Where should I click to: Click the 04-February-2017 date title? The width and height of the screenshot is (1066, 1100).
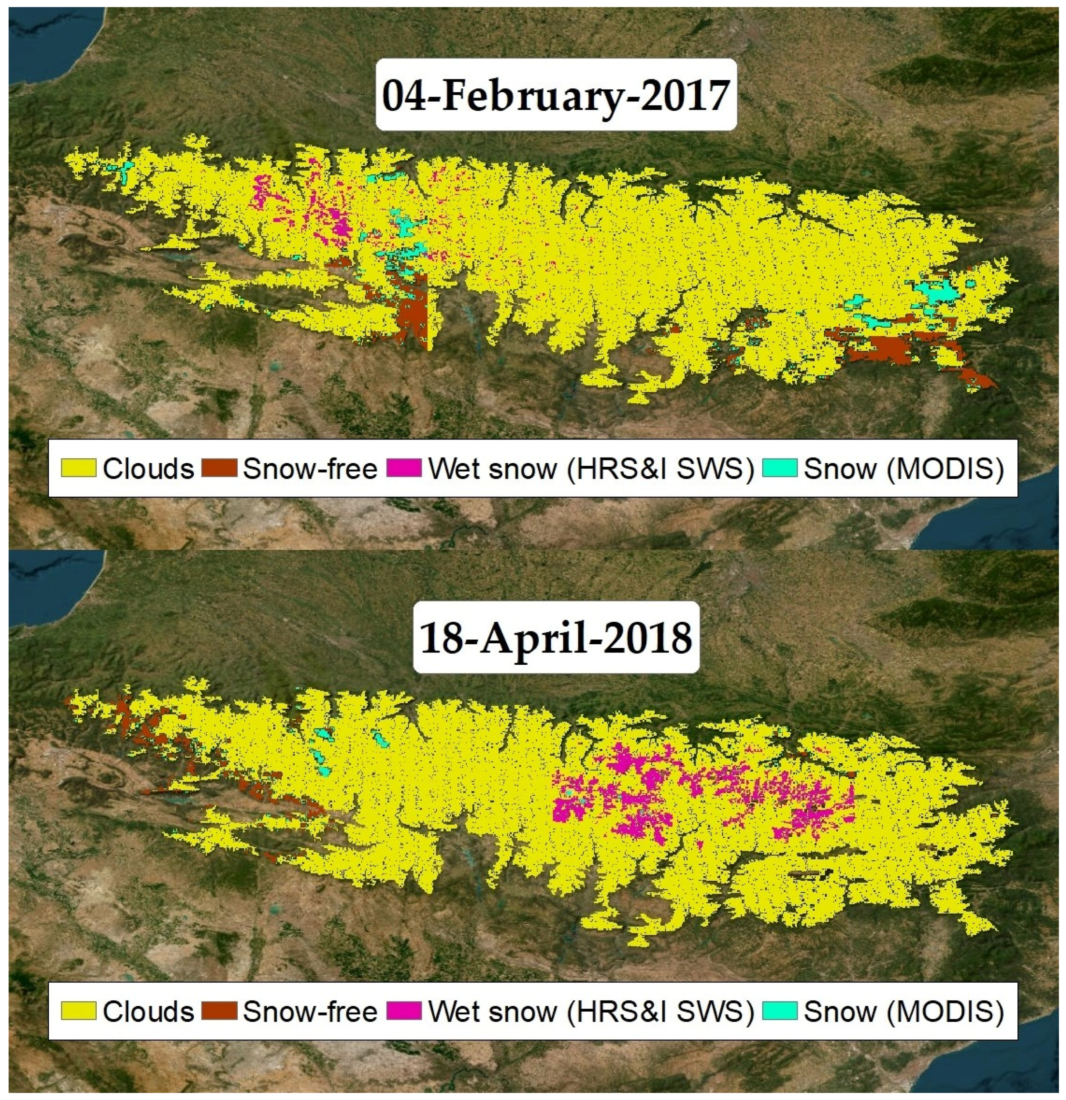pyautogui.click(x=555, y=95)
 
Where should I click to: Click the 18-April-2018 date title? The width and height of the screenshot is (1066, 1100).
pyautogui.click(x=555, y=638)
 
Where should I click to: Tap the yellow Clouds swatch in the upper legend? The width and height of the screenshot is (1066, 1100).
pyautogui.click(x=79, y=468)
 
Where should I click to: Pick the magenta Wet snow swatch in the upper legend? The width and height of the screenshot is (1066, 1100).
pyautogui.click(x=404, y=468)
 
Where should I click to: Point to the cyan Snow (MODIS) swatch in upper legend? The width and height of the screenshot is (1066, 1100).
pyautogui.click(x=780, y=468)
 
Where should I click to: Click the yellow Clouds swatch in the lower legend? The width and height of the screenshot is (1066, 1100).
pyautogui.click(x=79, y=1011)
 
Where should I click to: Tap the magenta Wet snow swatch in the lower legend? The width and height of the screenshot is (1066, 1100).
pyautogui.click(x=404, y=1011)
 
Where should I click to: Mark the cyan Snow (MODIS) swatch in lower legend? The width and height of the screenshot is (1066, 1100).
pyautogui.click(x=780, y=1011)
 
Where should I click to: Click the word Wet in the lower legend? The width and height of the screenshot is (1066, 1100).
pyautogui.click(x=452, y=1011)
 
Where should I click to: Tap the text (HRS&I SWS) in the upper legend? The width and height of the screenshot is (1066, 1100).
pyautogui.click(x=660, y=468)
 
